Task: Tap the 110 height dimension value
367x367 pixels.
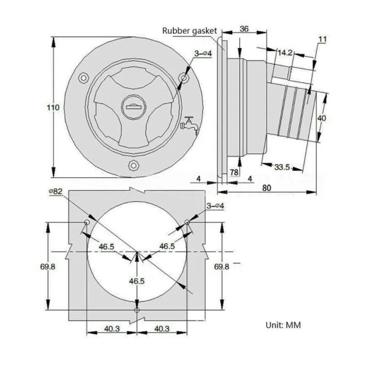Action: coord(54,107)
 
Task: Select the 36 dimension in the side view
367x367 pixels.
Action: coord(244,29)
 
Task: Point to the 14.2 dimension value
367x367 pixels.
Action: coord(284,53)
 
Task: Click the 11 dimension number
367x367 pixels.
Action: coord(322,40)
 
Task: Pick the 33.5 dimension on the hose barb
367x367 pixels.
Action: coord(282,167)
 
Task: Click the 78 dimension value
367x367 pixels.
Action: coord(234,172)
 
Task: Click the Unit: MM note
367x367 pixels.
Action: coord(284,325)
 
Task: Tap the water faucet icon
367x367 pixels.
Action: coord(189,125)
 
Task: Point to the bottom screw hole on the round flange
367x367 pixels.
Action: coord(133,165)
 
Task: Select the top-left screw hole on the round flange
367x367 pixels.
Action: coord(83,78)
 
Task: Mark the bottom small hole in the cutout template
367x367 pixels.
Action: coord(137,310)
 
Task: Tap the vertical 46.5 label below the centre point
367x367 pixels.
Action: coord(137,281)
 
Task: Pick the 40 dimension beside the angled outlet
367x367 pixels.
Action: coord(323,118)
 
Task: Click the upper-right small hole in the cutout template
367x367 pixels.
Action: coord(187,222)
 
